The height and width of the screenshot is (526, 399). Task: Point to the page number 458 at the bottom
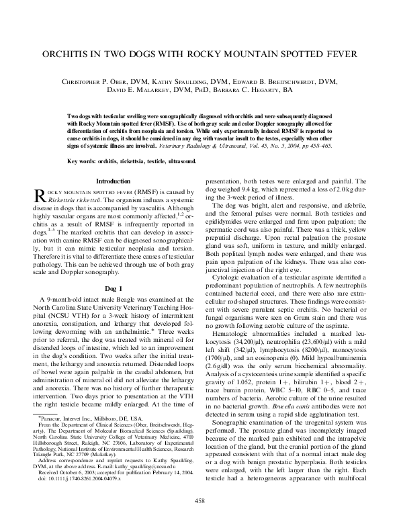[199, 500]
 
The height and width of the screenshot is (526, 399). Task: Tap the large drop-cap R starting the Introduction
[40, 195]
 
